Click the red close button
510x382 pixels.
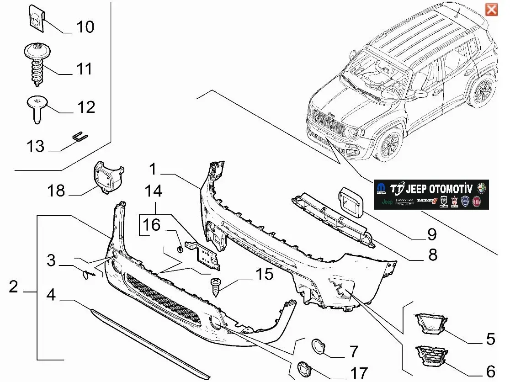point(491,9)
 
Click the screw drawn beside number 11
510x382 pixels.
point(37,64)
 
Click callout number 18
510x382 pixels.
point(57,190)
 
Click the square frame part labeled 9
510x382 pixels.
point(351,203)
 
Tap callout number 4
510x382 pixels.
point(51,295)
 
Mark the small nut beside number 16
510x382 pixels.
point(180,249)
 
